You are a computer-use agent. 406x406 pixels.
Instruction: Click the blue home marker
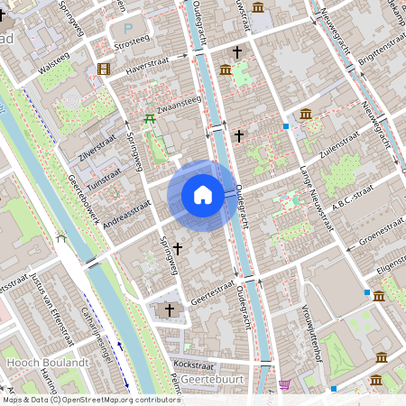[203, 194]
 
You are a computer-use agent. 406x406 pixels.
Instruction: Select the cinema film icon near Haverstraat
[104, 69]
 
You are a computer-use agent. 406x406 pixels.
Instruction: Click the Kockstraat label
[191, 364]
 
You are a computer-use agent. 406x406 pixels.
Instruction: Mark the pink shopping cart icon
[285, 385]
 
